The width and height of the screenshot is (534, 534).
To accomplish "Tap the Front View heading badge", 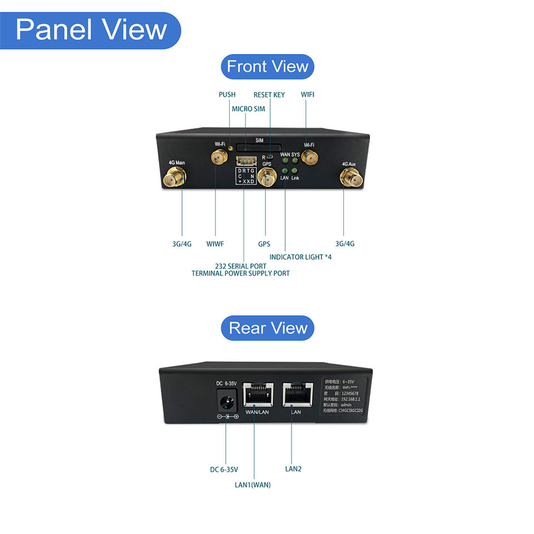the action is point(268,67).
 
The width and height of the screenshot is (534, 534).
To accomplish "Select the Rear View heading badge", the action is point(268,328).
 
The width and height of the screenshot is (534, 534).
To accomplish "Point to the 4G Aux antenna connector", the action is point(350,179).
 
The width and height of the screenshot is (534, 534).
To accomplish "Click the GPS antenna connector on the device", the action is point(266,179).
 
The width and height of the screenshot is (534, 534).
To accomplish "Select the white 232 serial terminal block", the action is point(245,161).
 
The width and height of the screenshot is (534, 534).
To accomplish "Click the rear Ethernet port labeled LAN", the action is point(295,394).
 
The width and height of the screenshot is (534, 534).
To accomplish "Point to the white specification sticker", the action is point(344,395).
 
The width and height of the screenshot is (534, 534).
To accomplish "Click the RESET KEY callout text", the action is point(269,95).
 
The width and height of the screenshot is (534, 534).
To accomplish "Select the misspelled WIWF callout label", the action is point(215,244).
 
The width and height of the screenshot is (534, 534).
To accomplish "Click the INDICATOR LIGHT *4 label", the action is point(300,257).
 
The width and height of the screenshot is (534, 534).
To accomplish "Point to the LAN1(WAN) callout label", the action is point(253,484).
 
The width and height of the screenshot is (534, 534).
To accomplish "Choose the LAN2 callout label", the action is point(293,469).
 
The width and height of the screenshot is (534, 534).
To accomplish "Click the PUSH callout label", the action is point(227,95).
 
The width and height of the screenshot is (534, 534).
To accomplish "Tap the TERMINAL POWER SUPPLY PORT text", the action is point(240,273).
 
